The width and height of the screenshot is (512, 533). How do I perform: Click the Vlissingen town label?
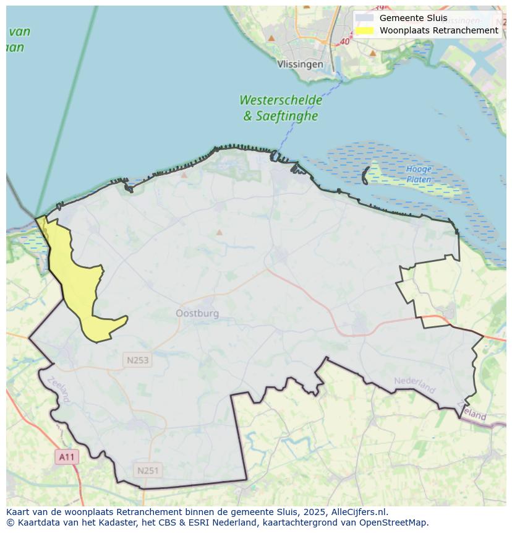click(300, 64)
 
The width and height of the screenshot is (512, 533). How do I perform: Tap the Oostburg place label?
click(197, 313)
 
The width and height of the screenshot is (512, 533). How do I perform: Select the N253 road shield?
click(137, 360)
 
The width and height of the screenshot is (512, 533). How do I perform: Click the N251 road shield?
click(148, 470)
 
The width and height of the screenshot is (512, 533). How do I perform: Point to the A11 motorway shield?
click(67, 457)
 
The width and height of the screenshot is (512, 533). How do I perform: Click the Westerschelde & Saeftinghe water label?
click(281, 108)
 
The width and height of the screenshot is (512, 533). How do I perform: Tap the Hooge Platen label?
click(419, 174)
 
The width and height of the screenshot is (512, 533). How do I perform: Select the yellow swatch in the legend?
click(364, 30)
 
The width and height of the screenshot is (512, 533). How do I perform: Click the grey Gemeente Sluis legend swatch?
click(364, 18)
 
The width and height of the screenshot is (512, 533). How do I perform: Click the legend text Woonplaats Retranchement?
click(438, 30)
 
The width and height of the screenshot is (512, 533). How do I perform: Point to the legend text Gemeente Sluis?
click(413, 18)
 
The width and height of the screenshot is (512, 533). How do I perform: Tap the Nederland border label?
click(415, 384)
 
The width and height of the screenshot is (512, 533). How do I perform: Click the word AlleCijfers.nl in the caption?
click(359, 512)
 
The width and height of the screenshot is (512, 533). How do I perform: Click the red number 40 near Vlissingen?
click(344, 41)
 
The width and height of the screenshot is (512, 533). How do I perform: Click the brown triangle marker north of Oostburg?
click(219, 233)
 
